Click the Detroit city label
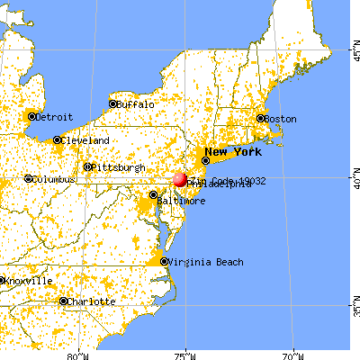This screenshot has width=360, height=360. [55, 117]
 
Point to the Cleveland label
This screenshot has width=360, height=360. [86, 141]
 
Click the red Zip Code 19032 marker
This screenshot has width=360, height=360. [179, 179]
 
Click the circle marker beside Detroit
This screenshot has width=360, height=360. [31, 117]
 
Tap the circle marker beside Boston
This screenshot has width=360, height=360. [261, 119]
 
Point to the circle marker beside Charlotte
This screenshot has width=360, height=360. [63, 301]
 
